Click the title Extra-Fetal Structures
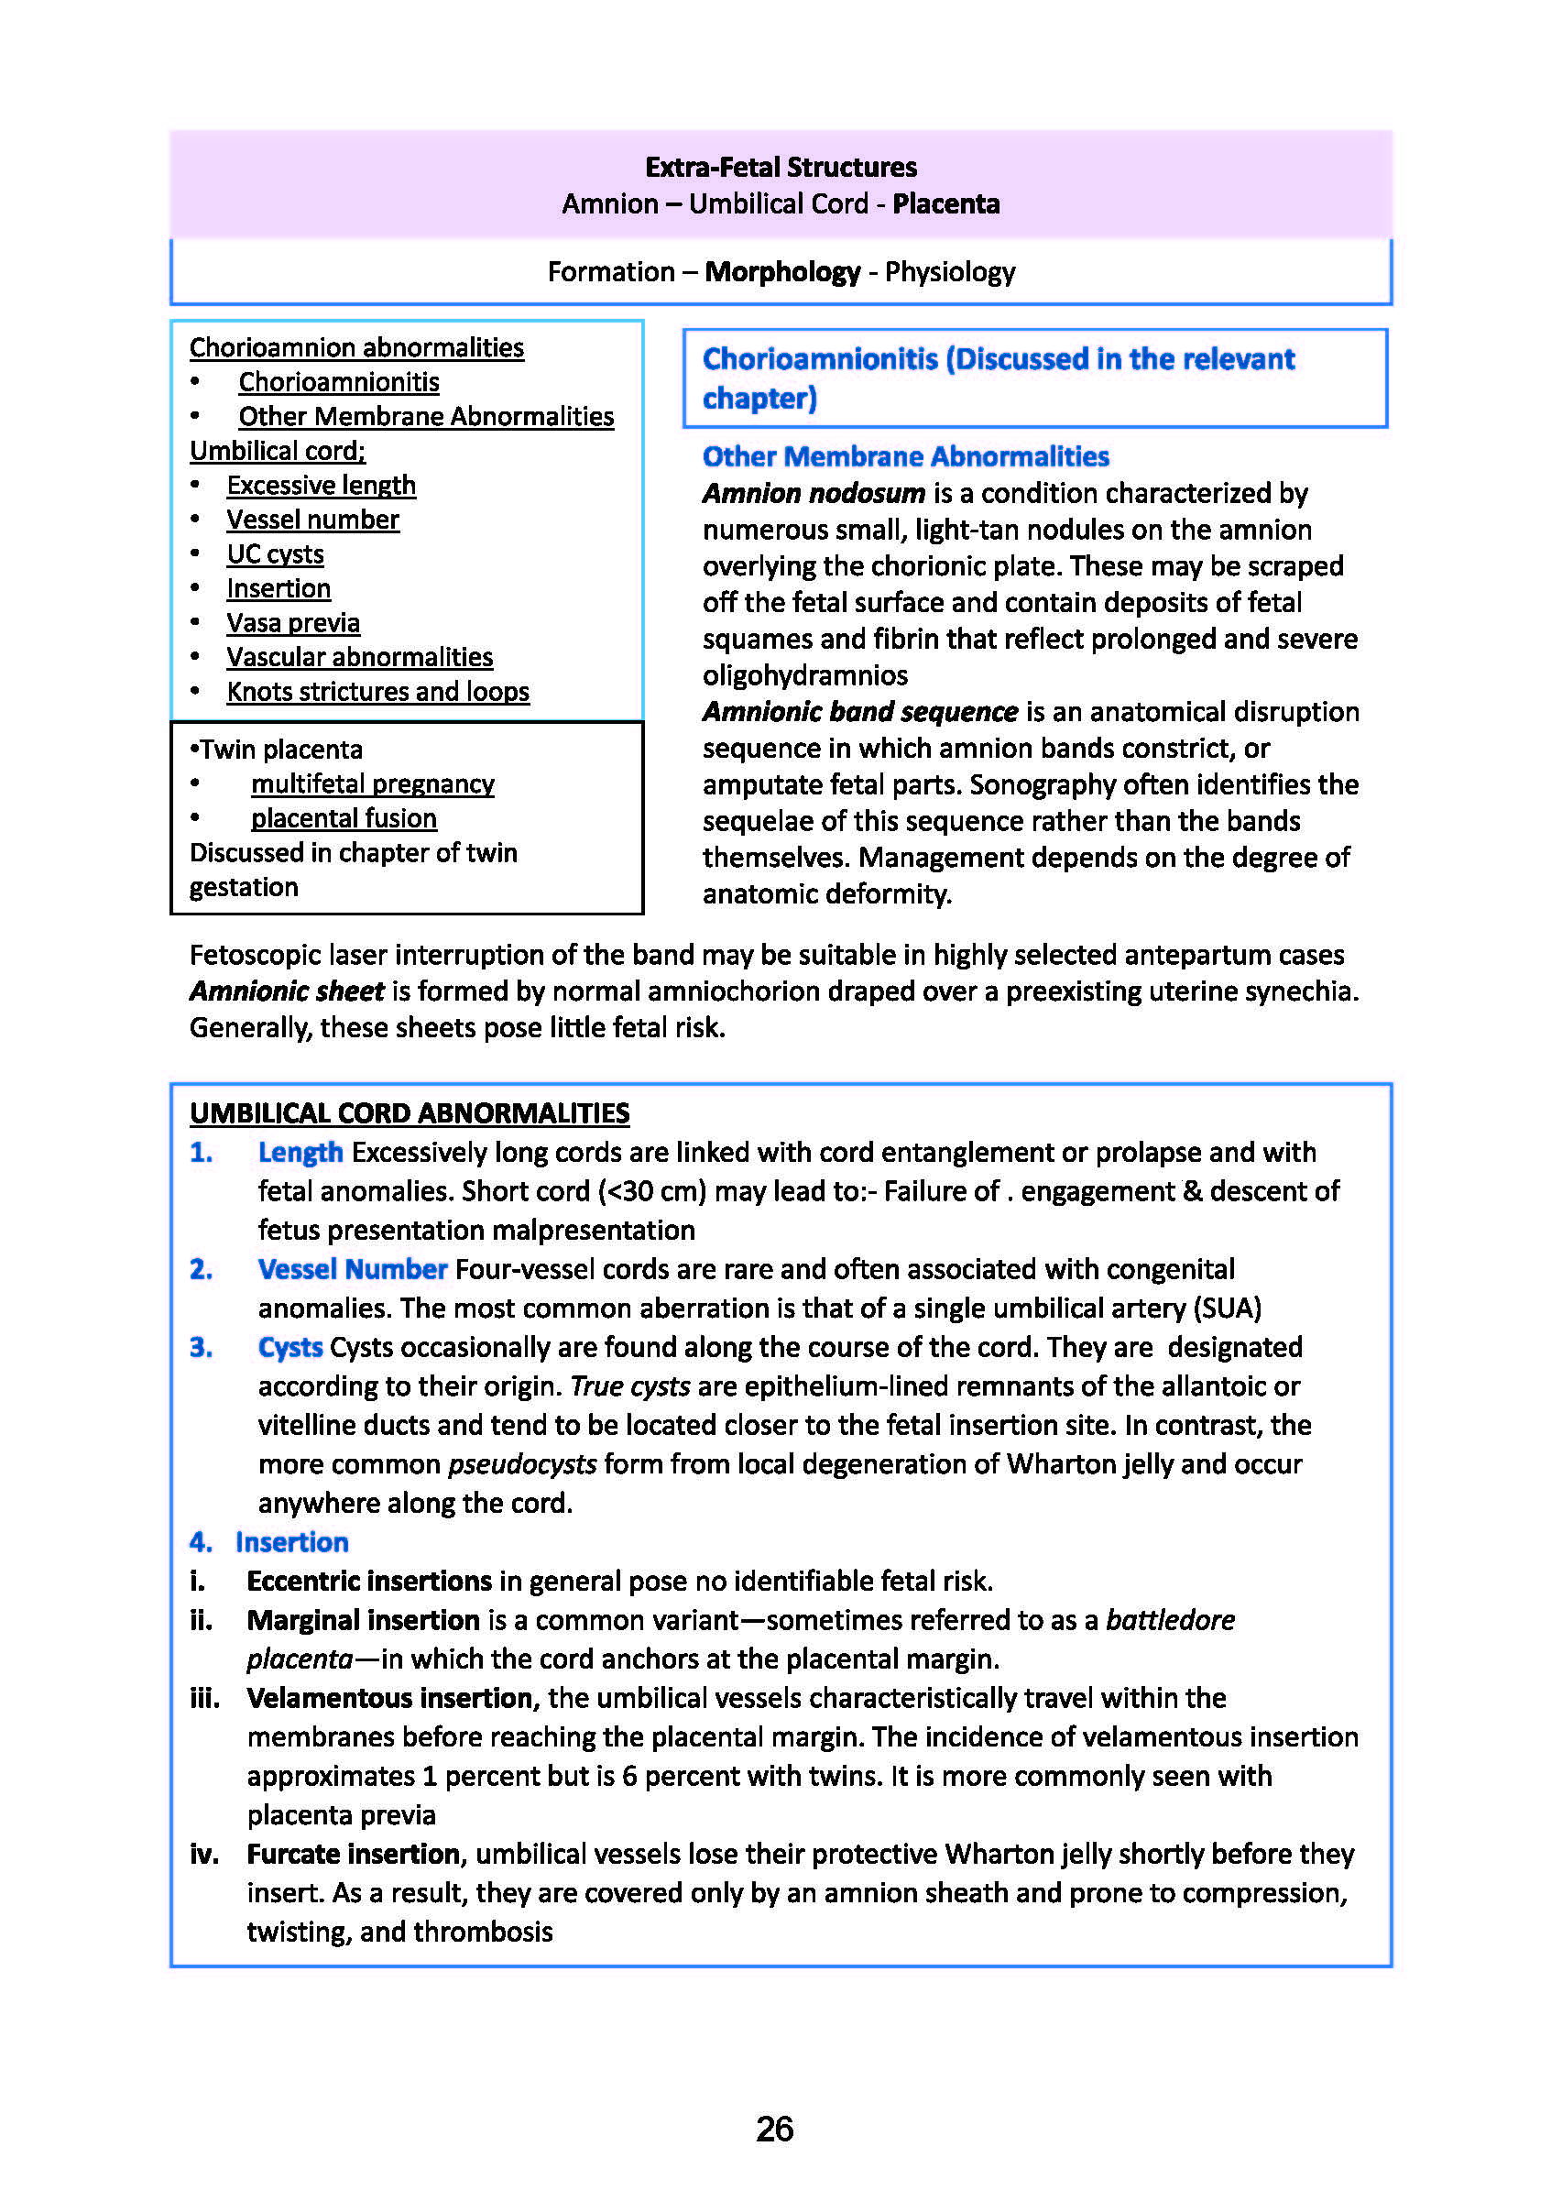tap(781, 168)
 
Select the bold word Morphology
tap(782, 272)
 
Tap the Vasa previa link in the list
tap(293, 623)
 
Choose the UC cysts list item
tap(275, 554)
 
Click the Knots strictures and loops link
tap(377, 692)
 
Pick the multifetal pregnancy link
tap(373, 784)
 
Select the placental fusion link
tap(344, 818)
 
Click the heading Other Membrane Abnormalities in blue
tap(905, 456)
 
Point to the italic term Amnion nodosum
tap(814, 494)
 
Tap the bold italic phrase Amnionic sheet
tap(287, 991)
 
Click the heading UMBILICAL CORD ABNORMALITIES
tap(410, 1113)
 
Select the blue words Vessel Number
tap(352, 1269)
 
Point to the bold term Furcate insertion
tap(354, 1854)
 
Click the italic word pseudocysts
tap(522, 1465)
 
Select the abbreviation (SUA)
tap(1226, 1309)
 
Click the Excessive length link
tap(322, 485)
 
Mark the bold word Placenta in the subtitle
tap(946, 204)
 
